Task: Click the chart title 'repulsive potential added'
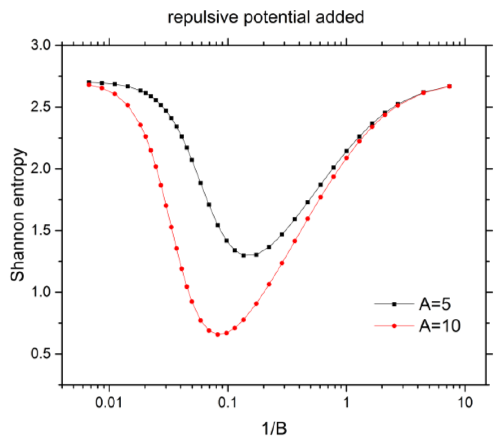(x=266, y=17)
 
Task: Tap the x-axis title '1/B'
(x=274, y=429)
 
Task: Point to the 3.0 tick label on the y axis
(x=41, y=45)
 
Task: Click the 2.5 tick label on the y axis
(x=41, y=107)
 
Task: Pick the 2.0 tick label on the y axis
(x=41, y=169)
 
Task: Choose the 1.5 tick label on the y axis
(x=41, y=231)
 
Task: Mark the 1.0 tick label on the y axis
(x=41, y=292)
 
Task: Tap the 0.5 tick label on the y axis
(x=41, y=354)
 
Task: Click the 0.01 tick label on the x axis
(x=109, y=402)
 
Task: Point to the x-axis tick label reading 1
(x=346, y=402)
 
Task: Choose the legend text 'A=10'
(x=440, y=326)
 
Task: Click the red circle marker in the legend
(x=394, y=326)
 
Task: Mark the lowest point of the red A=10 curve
(x=218, y=334)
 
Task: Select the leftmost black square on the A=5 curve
(x=89, y=82)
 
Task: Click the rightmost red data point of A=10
(x=449, y=86)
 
